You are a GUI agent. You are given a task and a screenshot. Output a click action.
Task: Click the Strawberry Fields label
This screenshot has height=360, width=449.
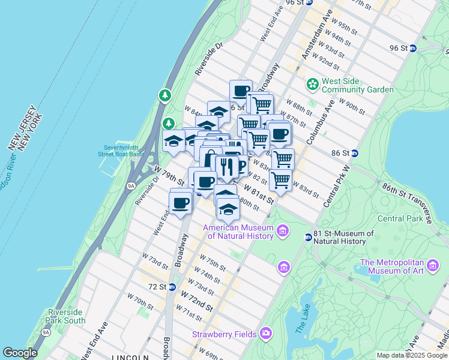tap(224, 334)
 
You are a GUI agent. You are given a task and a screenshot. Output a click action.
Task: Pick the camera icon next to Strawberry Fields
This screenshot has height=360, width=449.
tap(265, 333)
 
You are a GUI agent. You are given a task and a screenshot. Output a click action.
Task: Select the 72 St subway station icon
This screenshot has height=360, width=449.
tap(172, 287)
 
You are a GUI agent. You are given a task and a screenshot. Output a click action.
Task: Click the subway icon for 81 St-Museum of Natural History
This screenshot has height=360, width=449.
tap(308, 237)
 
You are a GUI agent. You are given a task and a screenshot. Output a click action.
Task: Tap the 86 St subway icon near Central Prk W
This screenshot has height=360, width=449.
tap(354, 153)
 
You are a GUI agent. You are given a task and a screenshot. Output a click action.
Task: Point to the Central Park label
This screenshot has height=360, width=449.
tap(400, 218)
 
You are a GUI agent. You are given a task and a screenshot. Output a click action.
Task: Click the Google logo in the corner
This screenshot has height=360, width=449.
tap(20, 353)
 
